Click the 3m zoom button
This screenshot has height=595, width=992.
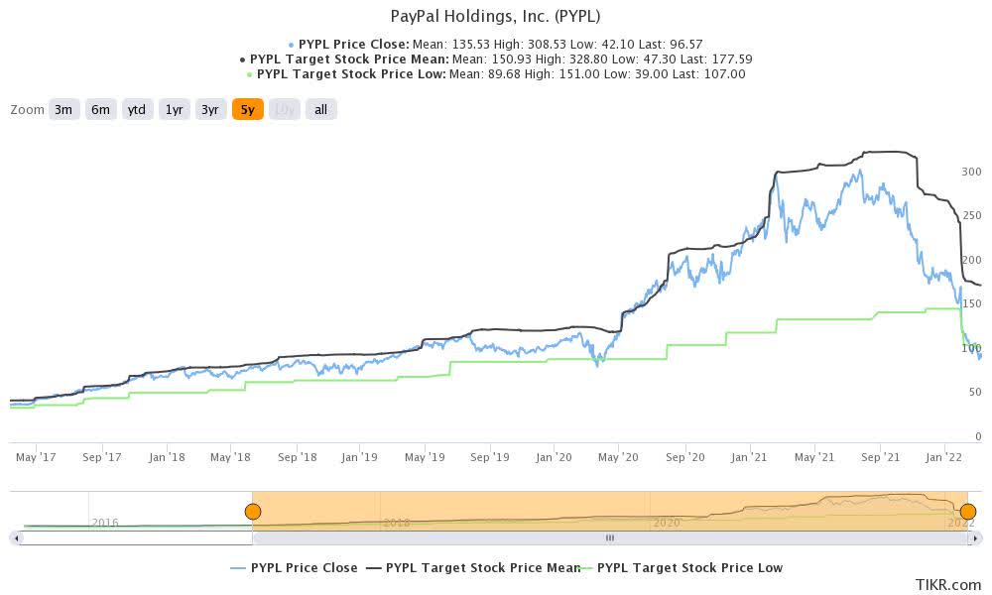63,110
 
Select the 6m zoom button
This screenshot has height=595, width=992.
100,110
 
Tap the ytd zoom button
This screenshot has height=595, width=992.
136,110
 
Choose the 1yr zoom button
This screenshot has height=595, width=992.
174,110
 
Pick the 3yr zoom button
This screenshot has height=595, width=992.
210,110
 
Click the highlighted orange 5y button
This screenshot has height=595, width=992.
247,110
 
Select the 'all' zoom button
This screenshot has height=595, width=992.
320,110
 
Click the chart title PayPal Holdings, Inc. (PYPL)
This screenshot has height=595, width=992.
496,16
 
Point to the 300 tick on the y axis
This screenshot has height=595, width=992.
971,172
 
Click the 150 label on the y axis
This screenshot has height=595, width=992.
971,304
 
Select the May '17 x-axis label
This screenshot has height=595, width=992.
36,457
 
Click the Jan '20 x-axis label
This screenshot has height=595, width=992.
553,457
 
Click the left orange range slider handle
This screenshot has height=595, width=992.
253,512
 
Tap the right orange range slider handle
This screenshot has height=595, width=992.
967,512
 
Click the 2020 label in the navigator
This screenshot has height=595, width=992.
666,522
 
